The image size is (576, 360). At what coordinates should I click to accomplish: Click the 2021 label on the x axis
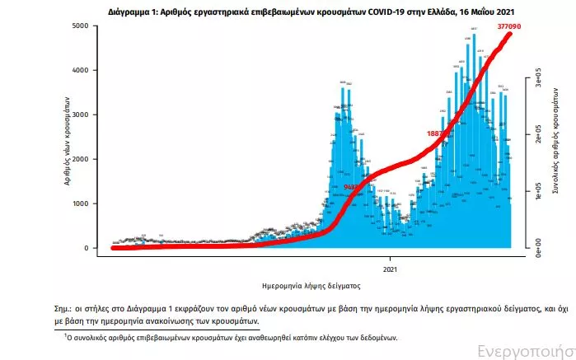tap(391, 269)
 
